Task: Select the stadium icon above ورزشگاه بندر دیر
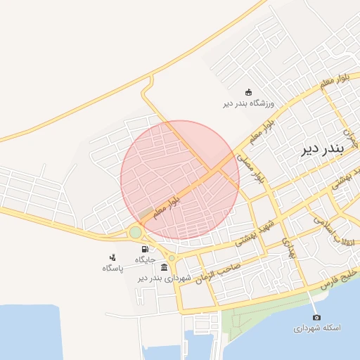tap(247, 92)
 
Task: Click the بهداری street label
tap(289, 245)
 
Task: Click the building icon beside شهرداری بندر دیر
tap(164, 267)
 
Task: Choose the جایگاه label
tap(144, 259)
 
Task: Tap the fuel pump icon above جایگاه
tap(144, 249)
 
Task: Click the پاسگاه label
tap(112, 268)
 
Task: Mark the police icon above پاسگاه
tap(112, 257)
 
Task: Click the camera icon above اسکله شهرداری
tap(315, 318)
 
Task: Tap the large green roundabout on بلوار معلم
tap(136, 233)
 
